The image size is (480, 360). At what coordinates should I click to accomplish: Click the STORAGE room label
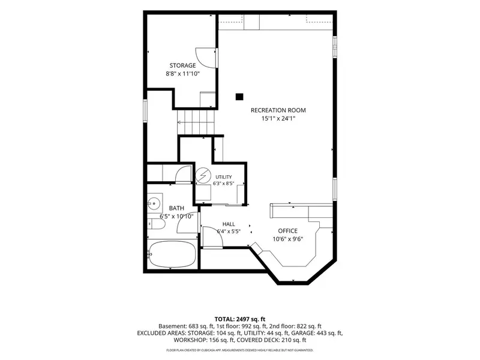coord(183,65)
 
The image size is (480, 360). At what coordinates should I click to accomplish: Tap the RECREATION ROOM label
coord(278,110)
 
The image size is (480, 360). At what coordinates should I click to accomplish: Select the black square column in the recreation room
coord(239,97)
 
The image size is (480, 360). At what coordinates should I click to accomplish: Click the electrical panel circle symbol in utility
coord(203,176)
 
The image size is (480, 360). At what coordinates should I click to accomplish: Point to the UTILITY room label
coord(224,177)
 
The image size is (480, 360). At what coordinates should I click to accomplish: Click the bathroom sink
coord(154,203)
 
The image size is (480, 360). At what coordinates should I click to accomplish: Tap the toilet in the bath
coord(156,224)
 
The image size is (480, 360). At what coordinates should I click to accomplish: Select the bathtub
coord(172,254)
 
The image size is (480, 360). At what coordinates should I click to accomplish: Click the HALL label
coord(229,224)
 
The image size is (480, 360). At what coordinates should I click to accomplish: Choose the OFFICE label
coord(288,231)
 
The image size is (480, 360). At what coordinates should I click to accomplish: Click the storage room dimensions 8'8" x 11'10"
coord(183,73)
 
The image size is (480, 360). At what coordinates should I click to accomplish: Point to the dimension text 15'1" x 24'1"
coord(278,118)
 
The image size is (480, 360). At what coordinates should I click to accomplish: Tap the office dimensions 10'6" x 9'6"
coord(288,239)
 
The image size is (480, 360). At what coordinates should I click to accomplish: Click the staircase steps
coord(196,122)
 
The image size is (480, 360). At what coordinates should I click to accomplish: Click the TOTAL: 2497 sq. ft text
coord(239,319)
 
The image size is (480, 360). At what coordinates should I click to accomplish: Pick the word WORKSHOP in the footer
coord(188,340)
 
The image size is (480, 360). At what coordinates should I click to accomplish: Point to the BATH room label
coord(176,208)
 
